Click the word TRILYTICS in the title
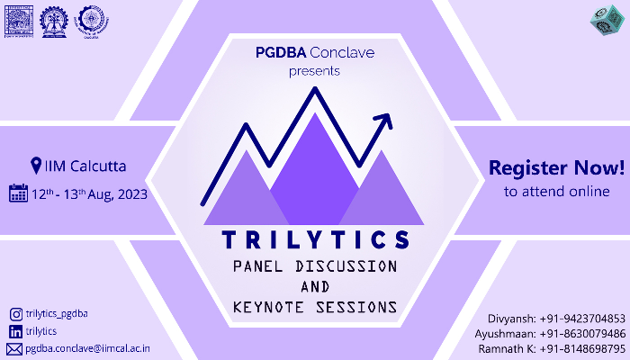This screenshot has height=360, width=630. (x=314, y=240)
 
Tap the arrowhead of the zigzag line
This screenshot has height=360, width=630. (x=386, y=118)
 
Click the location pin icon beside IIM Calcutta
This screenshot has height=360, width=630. (x=36, y=166)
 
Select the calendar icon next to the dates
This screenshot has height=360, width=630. (x=17, y=193)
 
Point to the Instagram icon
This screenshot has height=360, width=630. (x=15, y=314)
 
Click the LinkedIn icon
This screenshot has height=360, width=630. (x=15, y=331)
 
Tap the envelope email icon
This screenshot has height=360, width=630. (x=14, y=348)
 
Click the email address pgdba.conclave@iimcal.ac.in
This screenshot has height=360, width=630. (x=87, y=348)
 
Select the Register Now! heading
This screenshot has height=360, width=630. (x=556, y=167)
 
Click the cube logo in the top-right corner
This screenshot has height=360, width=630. (x=609, y=21)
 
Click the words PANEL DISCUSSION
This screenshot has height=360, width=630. (x=314, y=267)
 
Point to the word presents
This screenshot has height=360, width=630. (x=314, y=69)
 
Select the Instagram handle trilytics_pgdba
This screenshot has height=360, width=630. (x=57, y=314)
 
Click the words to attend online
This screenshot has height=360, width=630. (x=556, y=191)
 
